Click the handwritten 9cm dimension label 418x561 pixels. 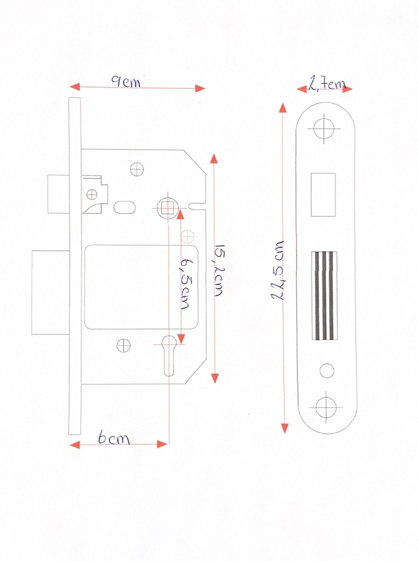click(126, 82)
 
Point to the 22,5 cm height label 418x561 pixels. click(277, 270)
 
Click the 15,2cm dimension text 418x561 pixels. click(219, 271)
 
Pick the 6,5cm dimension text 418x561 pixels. click(185, 284)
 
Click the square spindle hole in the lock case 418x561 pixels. click(168, 208)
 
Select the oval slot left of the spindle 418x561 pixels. click(124, 207)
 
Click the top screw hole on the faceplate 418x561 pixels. click(324, 128)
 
